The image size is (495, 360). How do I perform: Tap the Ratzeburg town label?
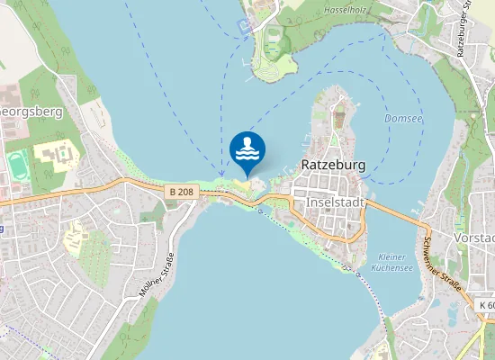click(x=332, y=166)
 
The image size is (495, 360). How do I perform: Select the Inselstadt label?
click(x=335, y=202)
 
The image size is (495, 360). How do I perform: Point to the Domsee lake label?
click(x=401, y=118)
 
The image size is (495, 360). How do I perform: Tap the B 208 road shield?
click(x=180, y=192)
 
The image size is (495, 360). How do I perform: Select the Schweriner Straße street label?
click(x=442, y=264)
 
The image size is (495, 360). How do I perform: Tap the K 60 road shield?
click(x=485, y=306)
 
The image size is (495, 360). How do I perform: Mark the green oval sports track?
click(x=17, y=165)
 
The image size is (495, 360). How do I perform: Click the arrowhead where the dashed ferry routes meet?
click(x=221, y=174)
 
